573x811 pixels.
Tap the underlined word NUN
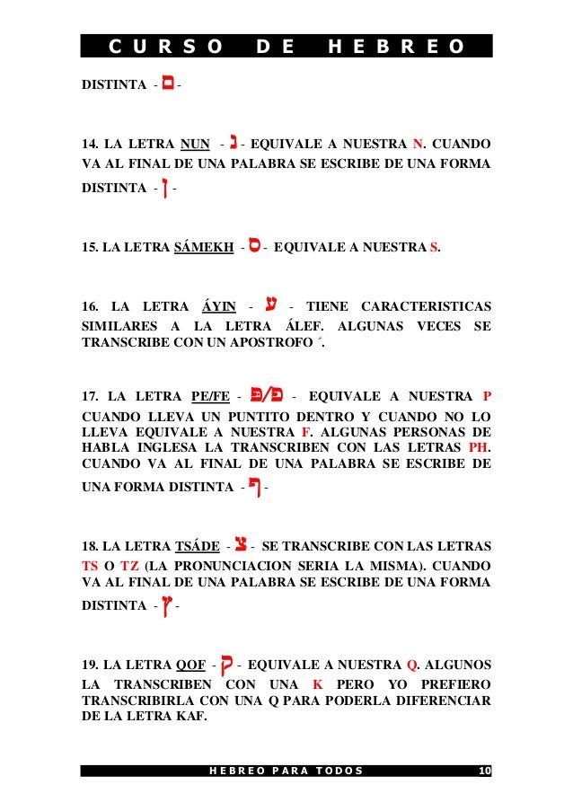click(x=195, y=144)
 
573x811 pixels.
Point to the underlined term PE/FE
click(x=211, y=396)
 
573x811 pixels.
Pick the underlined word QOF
click(x=190, y=665)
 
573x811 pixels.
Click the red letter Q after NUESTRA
click(x=412, y=666)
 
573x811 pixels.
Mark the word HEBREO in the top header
click(x=396, y=47)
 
